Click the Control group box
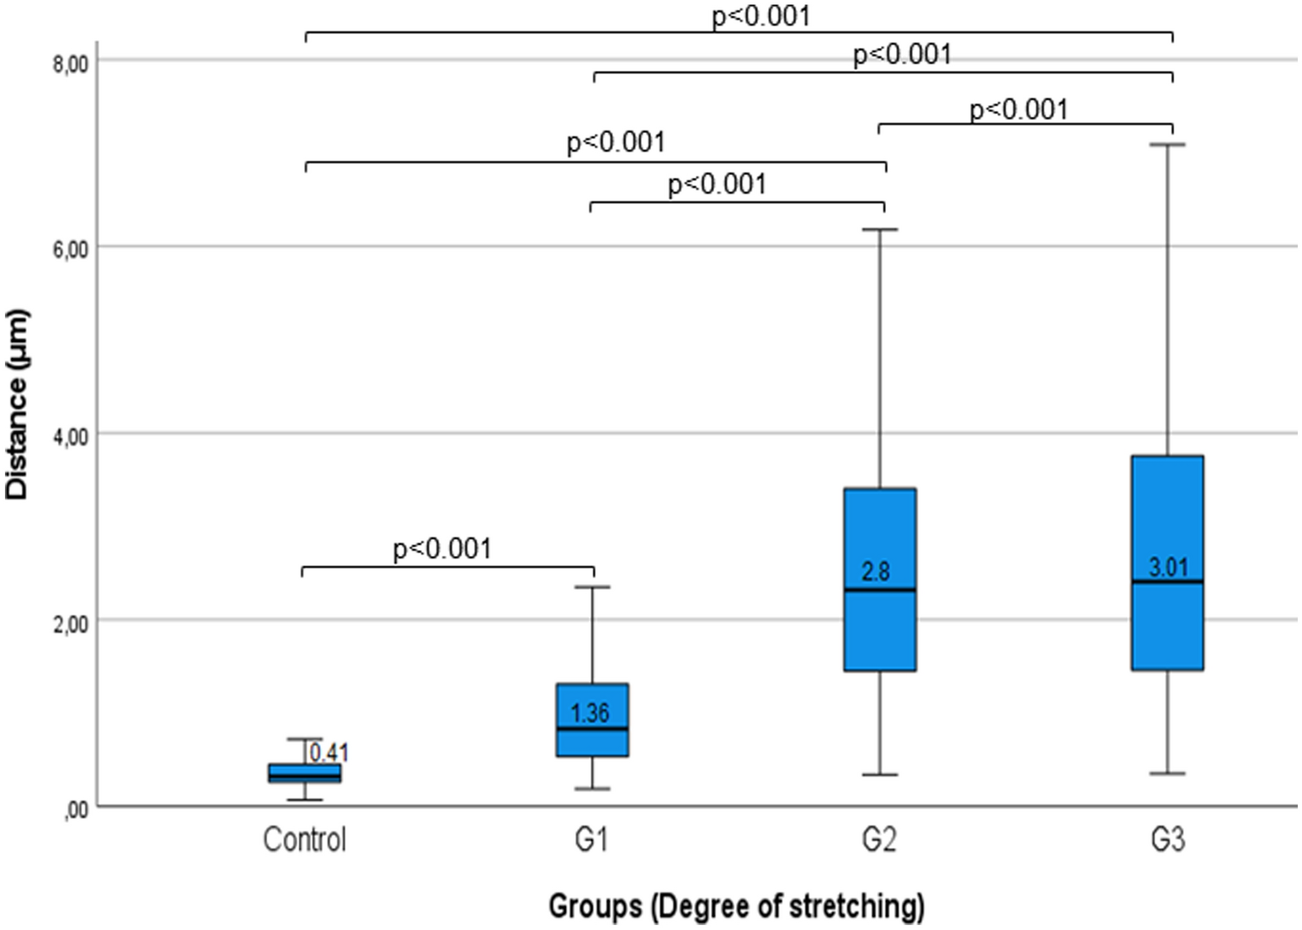pyautogui.click(x=304, y=772)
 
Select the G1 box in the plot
pyautogui.click(x=592, y=720)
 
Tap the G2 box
pyautogui.click(x=880, y=580)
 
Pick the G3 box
pyautogui.click(x=1168, y=563)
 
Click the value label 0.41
pyautogui.click(x=328, y=752)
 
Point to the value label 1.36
pyautogui.click(x=590, y=714)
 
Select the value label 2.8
pyautogui.click(x=876, y=572)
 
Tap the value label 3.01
pyautogui.click(x=1168, y=567)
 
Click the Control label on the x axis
pyautogui.click(x=304, y=840)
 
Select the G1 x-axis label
pyautogui.click(x=591, y=840)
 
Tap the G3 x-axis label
pyautogui.click(x=1168, y=840)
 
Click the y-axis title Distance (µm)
pyautogui.click(x=18, y=405)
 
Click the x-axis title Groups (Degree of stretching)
pyautogui.click(x=736, y=906)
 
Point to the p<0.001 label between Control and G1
pyautogui.click(x=442, y=549)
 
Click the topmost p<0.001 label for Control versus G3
pyautogui.click(x=760, y=16)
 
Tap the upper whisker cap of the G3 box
pyautogui.click(x=1168, y=145)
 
